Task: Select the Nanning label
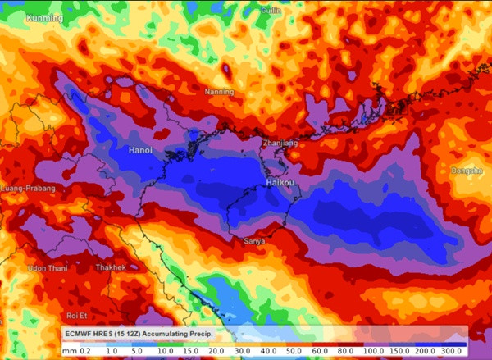coord(219,91)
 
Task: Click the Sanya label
coord(255,241)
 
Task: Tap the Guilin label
coord(271,11)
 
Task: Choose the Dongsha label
coord(466,171)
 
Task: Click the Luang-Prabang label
coord(29,189)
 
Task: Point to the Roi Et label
coord(76,315)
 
